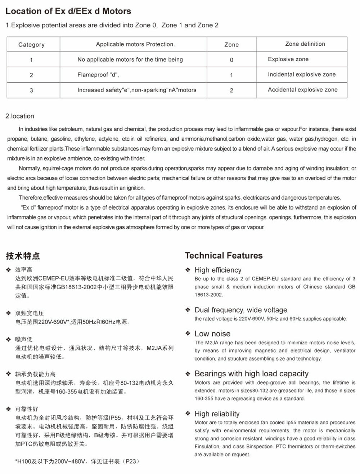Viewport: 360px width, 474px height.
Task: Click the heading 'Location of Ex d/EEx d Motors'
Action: (x=68, y=11)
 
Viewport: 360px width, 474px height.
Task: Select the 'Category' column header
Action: (x=31, y=45)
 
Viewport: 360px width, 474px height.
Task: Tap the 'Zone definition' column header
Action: (x=305, y=44)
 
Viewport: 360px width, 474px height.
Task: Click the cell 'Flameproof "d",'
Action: (x=98, y=75)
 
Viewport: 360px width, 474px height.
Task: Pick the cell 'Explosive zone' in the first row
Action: (x=288, y=59)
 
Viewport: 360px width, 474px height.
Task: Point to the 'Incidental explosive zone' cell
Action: (x=301, y=75)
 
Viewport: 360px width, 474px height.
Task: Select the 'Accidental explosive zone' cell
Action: (x=302, y=90)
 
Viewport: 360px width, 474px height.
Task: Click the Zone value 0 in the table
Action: (x=231, y=60)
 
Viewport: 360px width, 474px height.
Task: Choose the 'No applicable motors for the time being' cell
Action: (x=130, y=59)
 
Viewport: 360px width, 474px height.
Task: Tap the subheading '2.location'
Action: (x=20, y=116)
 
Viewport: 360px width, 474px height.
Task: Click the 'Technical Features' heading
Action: (x=224, y=256)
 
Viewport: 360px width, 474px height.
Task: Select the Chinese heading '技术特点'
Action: (x=23, y=256)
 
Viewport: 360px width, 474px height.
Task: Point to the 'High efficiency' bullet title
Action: (x=218, y=270)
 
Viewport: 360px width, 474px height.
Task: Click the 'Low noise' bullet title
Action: (x=212, y=334)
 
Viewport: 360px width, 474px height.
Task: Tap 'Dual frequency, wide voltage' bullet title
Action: (x=241, y=310)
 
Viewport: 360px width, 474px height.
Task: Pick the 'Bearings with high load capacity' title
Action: (x=251, y=374)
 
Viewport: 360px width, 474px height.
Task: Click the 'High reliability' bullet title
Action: (x=217, y=414)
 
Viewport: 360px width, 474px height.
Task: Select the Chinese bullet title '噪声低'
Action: (x=24, y=339)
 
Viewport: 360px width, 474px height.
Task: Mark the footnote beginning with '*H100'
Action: (x=77, y=461)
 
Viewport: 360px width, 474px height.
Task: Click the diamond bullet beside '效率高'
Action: (x=9, y=270)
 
